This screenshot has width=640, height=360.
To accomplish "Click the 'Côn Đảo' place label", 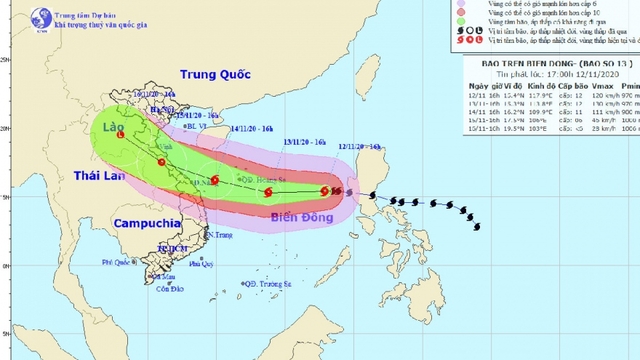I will [x=155, y=290].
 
